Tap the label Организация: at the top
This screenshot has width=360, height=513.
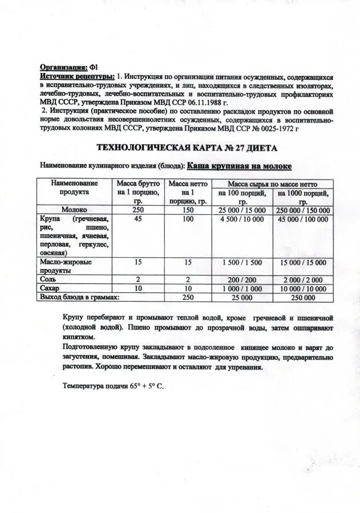63,67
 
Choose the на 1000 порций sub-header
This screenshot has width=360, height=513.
303,197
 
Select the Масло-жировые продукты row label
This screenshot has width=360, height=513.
66,266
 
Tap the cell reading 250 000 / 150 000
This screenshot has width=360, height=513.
303,210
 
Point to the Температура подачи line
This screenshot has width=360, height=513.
112,386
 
